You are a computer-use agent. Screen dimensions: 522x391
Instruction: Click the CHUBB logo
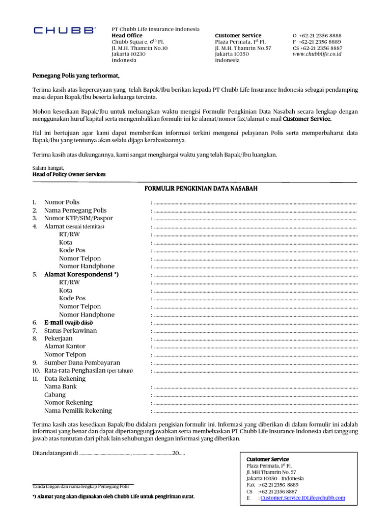(64, 31)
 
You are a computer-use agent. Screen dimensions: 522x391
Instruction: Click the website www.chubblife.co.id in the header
(317, 54)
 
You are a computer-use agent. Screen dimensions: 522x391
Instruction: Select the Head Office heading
(127, 36)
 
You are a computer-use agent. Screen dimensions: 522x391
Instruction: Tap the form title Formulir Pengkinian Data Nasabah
(201, 189)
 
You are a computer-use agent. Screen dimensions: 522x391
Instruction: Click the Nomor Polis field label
(62, 202)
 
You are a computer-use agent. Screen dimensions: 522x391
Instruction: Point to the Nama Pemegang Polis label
(75, 211)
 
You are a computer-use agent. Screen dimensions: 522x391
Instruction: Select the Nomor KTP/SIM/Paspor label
(78, 218)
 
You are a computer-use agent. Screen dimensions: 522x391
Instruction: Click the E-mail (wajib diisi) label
(68, 323)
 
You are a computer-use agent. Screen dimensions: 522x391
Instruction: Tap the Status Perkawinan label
(70, 331)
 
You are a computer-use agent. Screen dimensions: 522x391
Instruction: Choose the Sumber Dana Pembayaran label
(82, 363)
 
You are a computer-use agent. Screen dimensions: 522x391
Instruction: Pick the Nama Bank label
(61, 387)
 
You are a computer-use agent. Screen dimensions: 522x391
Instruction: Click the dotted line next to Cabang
(255, 395)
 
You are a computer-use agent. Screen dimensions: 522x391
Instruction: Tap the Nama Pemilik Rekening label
(78, 411)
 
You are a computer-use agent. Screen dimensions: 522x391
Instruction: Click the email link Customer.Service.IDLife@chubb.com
(302, 498)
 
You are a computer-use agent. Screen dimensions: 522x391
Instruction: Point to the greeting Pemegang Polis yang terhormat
(76, 76)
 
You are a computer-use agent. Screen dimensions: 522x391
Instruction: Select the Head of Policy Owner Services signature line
(69, 174)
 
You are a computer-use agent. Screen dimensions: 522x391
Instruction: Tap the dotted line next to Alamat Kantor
(255, 347)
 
